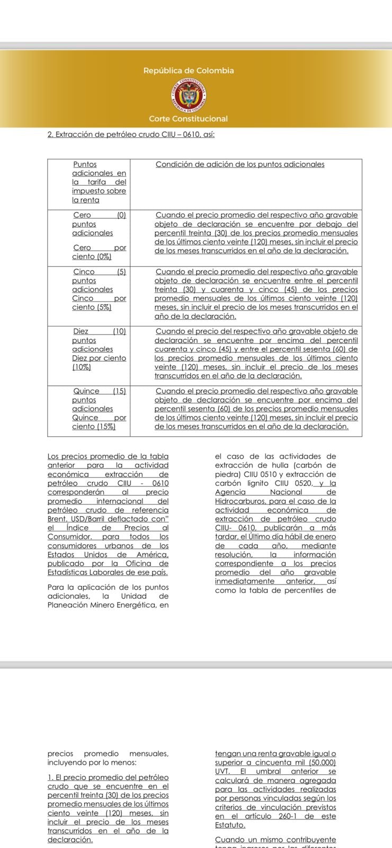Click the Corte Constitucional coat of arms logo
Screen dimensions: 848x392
(188, 95)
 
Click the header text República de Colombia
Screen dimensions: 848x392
(188, 70)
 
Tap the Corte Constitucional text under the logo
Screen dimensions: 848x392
(188, 119)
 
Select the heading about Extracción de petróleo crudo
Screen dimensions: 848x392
(131, 135)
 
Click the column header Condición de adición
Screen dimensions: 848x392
(240, 164)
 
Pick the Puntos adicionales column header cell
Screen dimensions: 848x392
(99, 182)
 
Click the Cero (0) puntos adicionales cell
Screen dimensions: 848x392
(99, 224)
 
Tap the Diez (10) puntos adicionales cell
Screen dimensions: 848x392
(99, 340)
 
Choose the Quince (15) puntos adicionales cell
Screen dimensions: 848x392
(99, 400)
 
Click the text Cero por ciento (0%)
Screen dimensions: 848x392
(99, 252)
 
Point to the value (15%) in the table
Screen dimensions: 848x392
(106, 427)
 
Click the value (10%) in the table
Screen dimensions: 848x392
(82, 367)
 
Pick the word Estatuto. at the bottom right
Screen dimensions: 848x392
(230, 825)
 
